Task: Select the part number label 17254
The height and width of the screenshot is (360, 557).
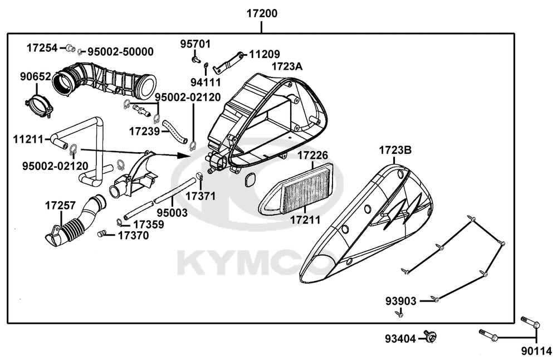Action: tap(42, 48)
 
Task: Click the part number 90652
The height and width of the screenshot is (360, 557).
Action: tap(36, 77)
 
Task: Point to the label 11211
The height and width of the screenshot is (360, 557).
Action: tap(28, 138)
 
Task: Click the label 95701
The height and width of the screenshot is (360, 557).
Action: tap(194, 44)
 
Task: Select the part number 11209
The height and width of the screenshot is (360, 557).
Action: tap(265, 55)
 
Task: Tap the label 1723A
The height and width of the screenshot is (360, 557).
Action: tap(287, 67)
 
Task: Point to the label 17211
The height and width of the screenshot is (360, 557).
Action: tap(305, 220)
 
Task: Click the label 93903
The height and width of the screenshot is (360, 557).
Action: tap(400, 301)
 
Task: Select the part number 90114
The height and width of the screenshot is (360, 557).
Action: tap(536, 351)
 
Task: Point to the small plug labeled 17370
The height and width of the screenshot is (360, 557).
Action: tap(102, 233)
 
